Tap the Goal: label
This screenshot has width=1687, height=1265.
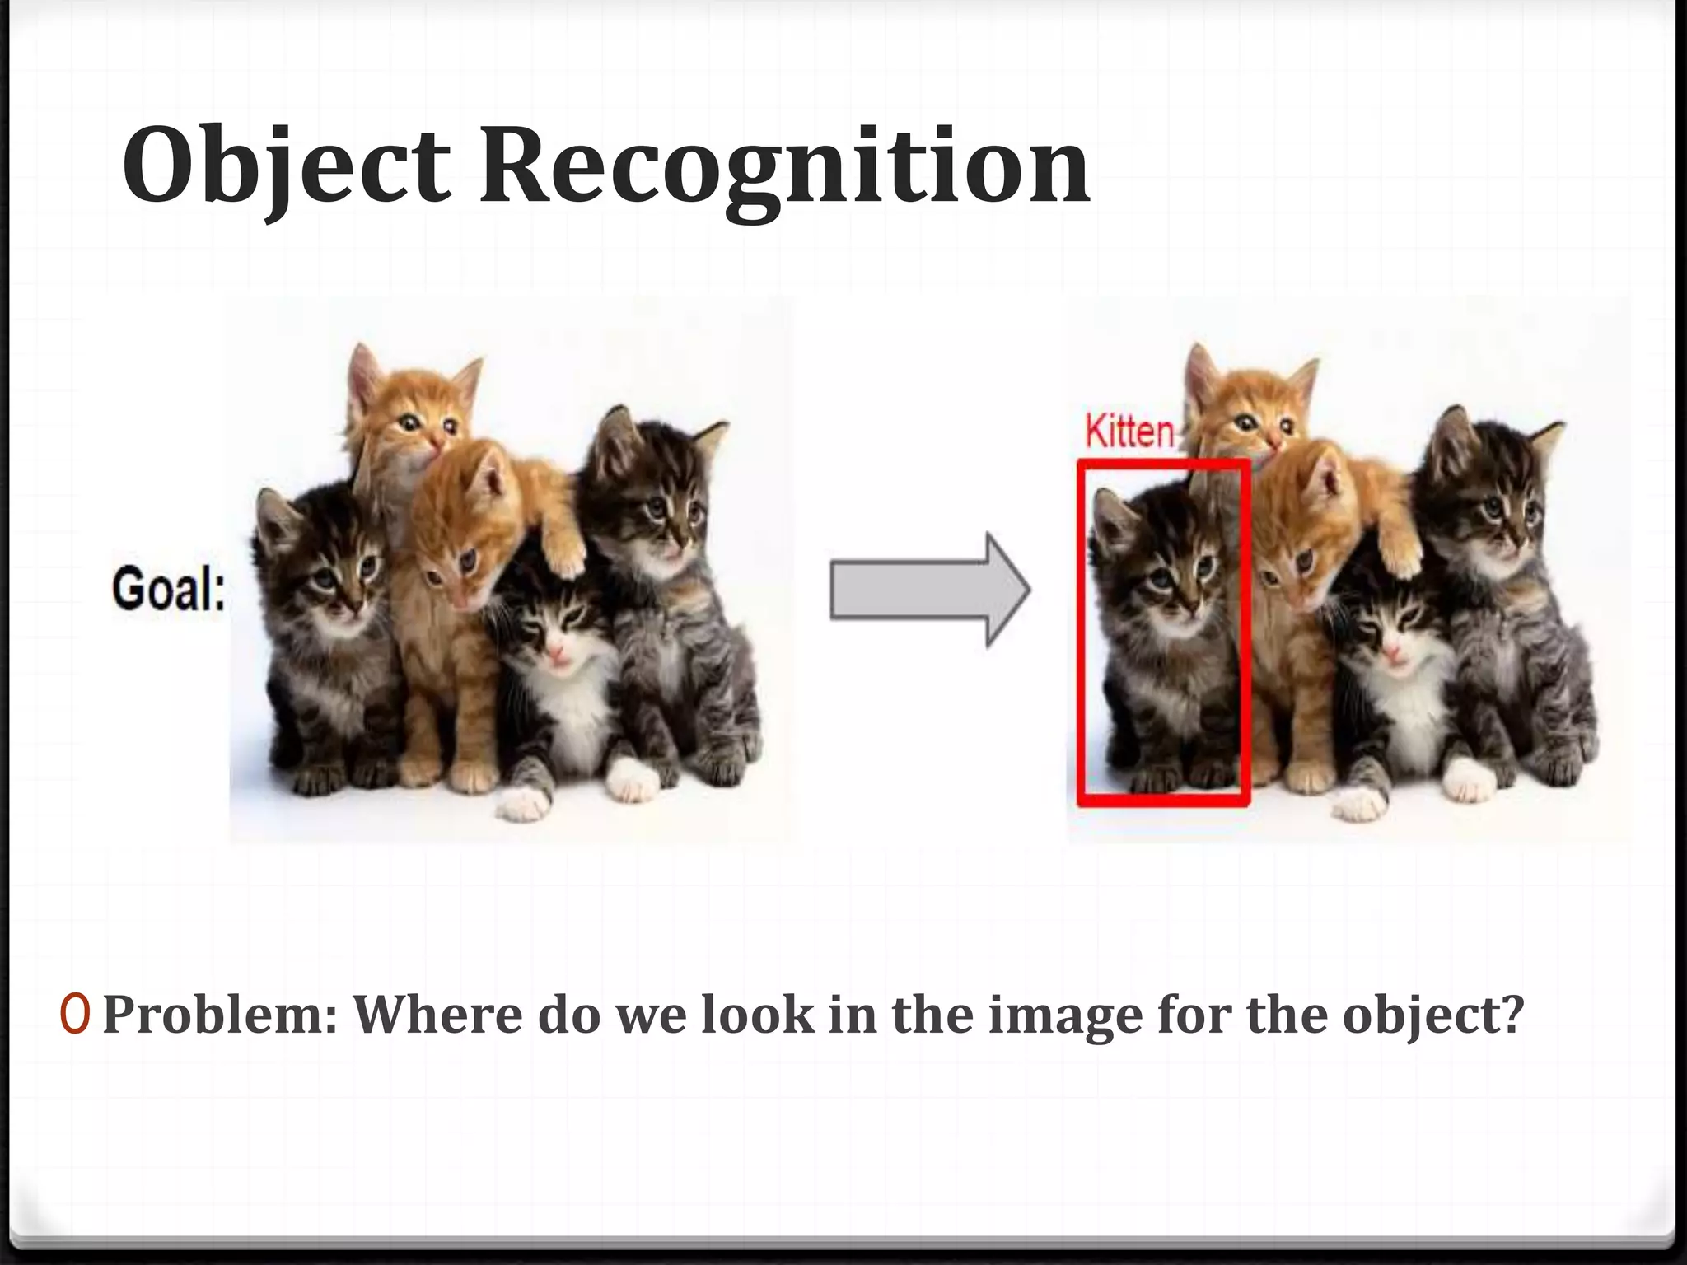coord(169,590)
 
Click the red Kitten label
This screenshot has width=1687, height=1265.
coord(1129,432)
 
